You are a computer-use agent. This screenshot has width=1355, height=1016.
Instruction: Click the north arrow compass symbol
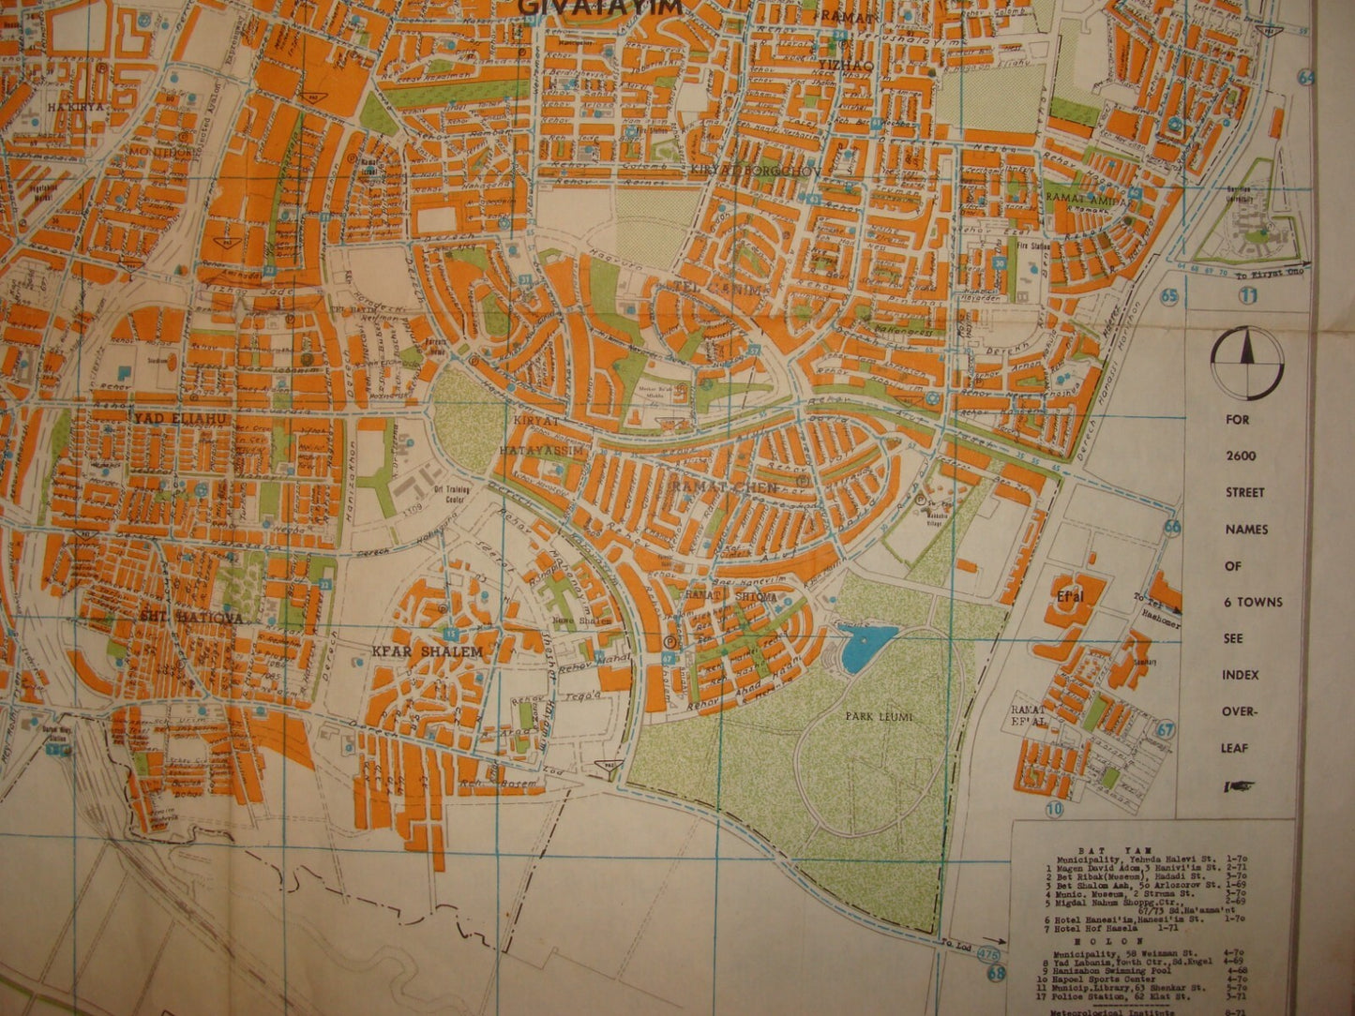1245,363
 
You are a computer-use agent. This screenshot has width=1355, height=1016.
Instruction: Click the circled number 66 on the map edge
1172,527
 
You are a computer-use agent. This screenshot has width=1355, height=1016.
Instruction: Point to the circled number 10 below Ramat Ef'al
1056,808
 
